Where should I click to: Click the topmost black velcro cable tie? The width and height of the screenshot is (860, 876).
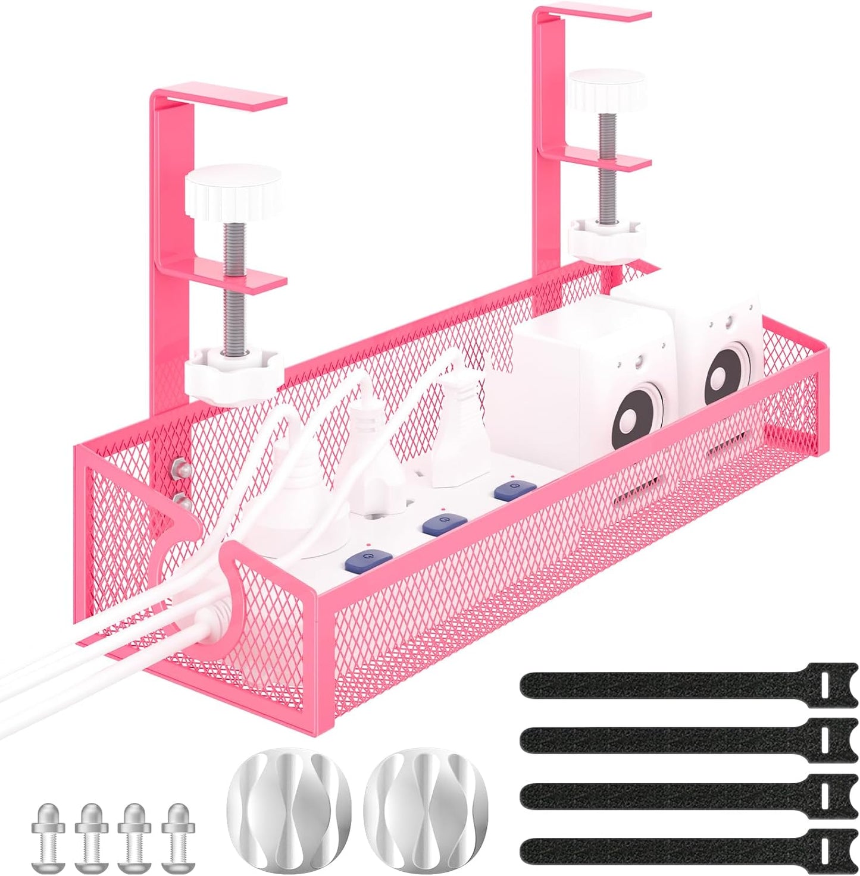coord(684,686)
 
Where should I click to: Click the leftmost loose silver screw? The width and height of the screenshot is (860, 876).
coord(48,827)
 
